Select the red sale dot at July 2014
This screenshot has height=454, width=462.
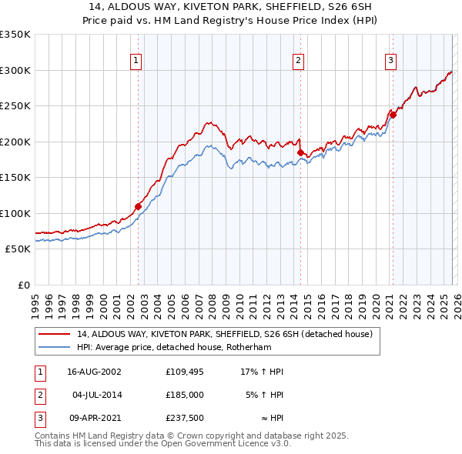pos(300,152)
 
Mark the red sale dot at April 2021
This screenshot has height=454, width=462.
pos(392,115)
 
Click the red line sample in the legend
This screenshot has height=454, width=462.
pos(55,334)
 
